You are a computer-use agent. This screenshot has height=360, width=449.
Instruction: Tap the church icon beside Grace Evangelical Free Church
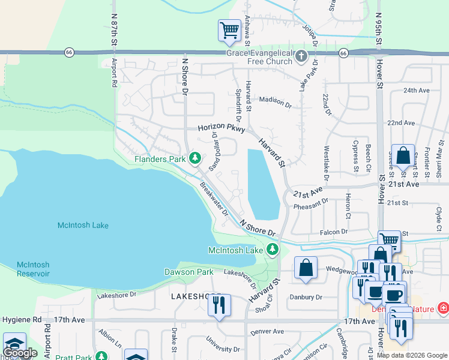pos(301,56)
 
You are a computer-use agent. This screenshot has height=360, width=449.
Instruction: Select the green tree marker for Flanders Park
pos(194,158)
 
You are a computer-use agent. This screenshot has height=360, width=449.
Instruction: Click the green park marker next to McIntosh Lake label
pos(273,250)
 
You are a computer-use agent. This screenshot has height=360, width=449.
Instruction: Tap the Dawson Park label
pos(189,272)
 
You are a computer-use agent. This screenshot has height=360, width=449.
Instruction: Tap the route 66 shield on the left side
pos(70,53)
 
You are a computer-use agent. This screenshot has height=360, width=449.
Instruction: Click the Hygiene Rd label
pos(21,320)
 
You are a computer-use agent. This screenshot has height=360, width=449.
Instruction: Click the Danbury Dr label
pos(306,297)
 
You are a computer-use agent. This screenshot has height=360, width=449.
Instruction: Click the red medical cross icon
pos(444,308)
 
